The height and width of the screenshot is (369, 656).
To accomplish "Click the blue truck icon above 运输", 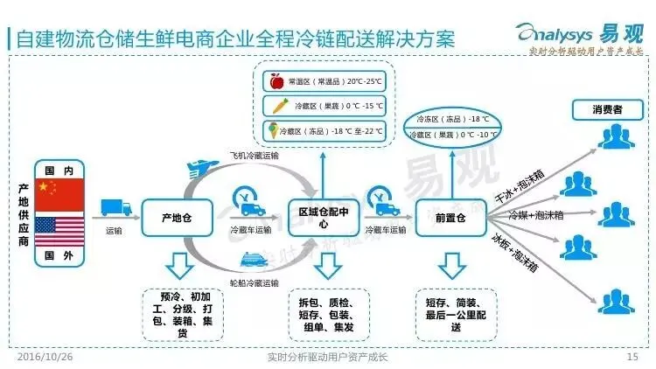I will coord(115,208).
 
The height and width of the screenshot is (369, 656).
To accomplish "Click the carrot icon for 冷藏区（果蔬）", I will coord(278,106).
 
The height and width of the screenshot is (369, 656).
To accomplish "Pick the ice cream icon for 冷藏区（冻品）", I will coord(278,131).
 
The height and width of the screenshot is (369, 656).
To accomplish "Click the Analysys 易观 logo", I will coord(591,33).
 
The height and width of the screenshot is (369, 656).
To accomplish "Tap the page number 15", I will coord(632,357).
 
